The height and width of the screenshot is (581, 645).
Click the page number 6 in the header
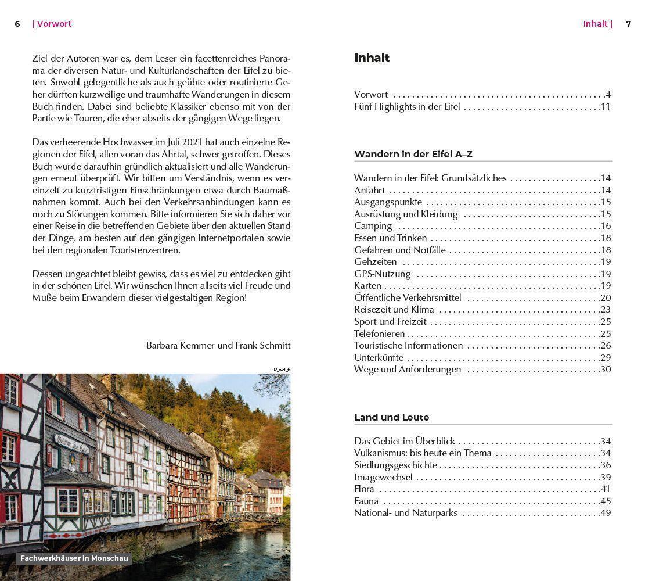pos(17,24)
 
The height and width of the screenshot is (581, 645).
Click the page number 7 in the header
pos(628,24)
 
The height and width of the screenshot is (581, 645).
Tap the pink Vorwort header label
pos(53,24)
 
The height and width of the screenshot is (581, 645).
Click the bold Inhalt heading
pos(372,58)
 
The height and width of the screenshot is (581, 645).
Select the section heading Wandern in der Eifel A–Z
pos(413,154)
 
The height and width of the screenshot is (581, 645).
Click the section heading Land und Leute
pos(392,417)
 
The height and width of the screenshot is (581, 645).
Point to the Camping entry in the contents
pos(373,226)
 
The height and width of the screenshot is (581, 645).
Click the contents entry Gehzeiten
pos(376,262)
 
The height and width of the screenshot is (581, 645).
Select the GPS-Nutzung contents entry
pos(382,274)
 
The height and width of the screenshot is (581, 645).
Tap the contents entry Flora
pos(364,489)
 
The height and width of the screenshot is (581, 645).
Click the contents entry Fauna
pos(366,501)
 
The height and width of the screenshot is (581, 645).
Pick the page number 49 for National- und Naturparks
pos(606,513)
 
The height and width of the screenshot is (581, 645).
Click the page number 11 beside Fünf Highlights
pos(606,107)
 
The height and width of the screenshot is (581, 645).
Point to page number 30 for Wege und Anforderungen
pos(606,370)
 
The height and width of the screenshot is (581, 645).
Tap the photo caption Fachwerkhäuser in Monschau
pos(74,558)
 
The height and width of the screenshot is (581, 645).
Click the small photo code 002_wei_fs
pos(280,370)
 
